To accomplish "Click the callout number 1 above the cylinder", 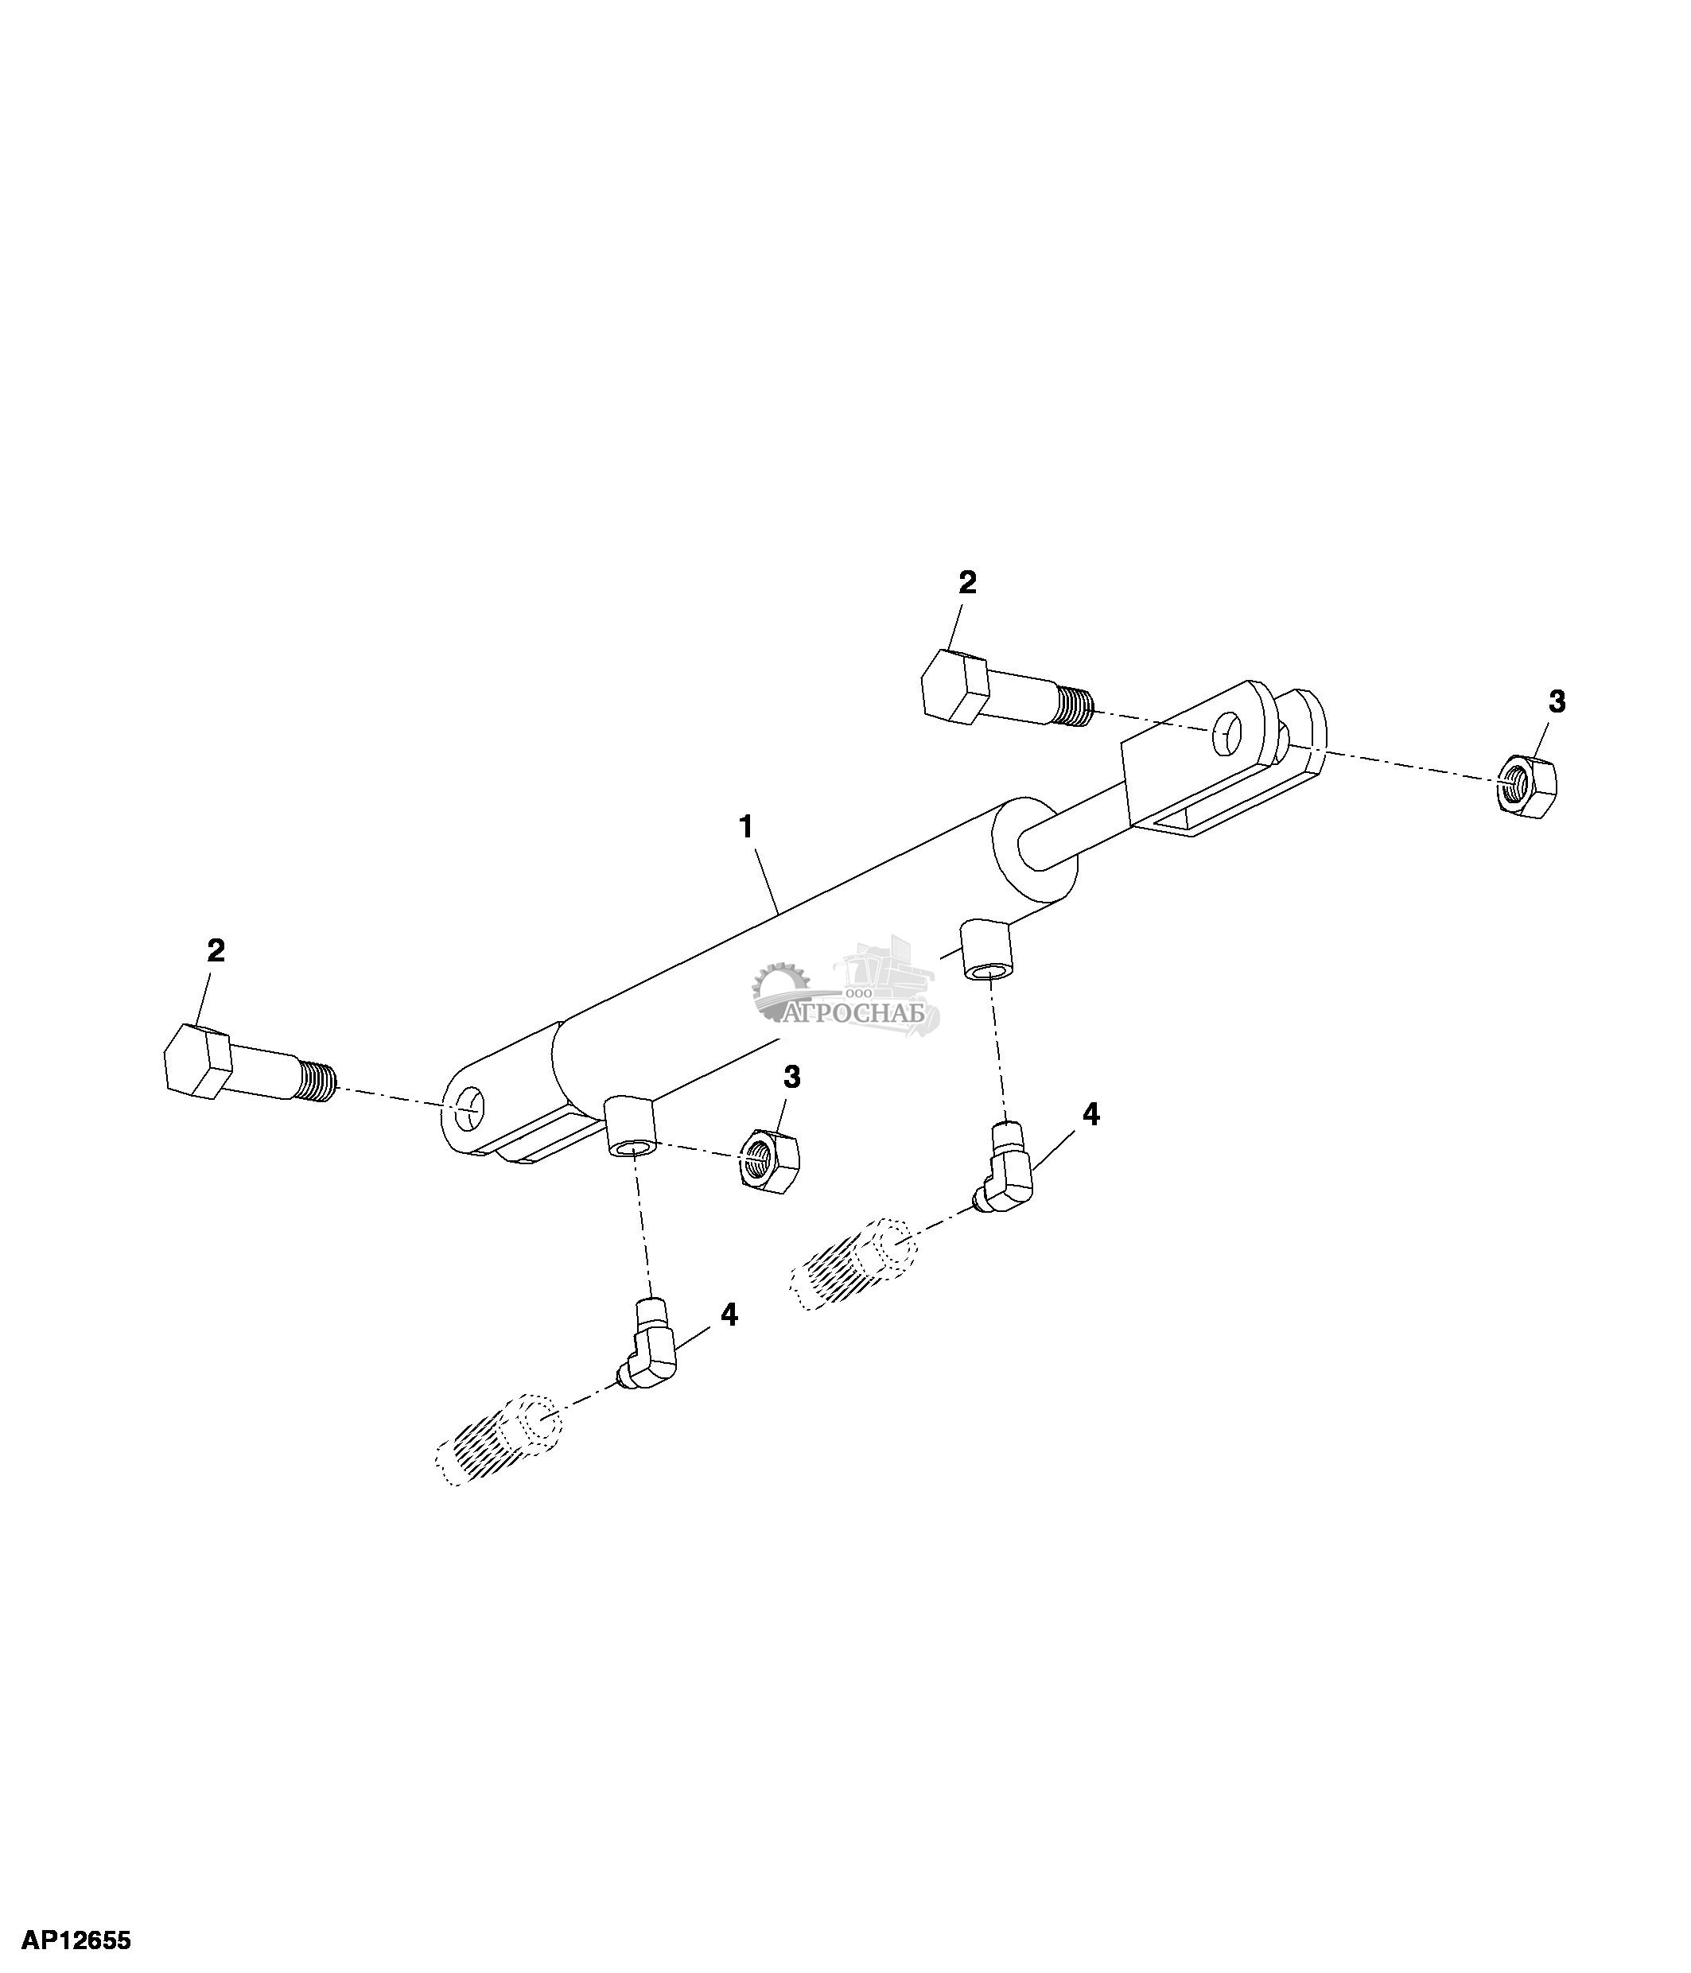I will [747, 826].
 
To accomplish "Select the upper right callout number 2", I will [966, 583].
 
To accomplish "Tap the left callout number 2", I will [216, 950].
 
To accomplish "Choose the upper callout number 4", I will [1091, 1114].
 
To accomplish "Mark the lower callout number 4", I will [729, 1315].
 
